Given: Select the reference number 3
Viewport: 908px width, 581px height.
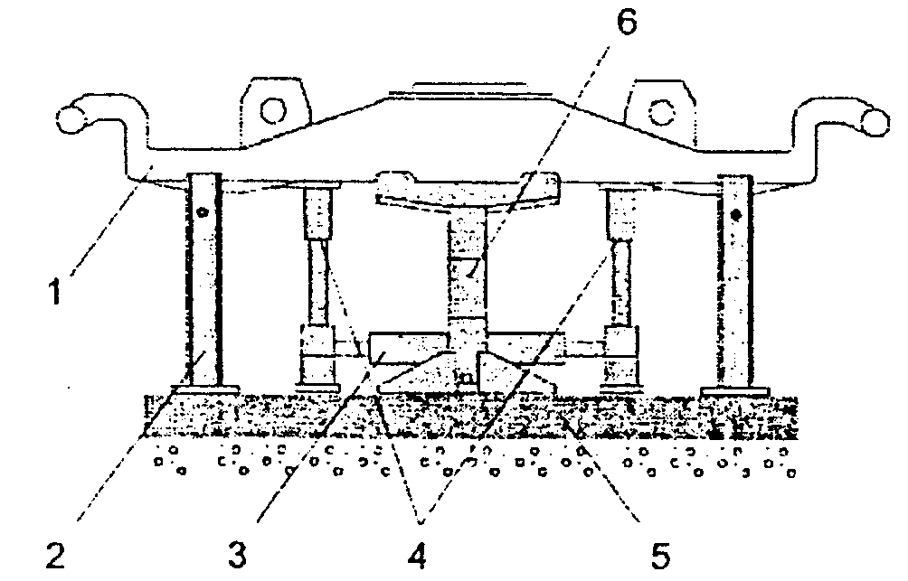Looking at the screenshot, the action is tap(237, 554).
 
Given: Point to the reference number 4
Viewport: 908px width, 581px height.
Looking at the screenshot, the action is tap(417, 554).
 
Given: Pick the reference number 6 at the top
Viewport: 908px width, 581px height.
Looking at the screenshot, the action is tap(625, 24).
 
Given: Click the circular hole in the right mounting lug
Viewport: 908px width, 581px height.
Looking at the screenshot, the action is tap(661, 110).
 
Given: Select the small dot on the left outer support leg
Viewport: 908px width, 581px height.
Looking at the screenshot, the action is tap(204, 214).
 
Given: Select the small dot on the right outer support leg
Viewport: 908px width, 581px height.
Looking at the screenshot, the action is tap(735, 214).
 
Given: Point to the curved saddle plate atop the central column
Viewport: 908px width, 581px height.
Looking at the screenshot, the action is tap(468, 187).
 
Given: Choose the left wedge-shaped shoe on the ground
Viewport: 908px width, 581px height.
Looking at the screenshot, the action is tap(418, 377).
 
